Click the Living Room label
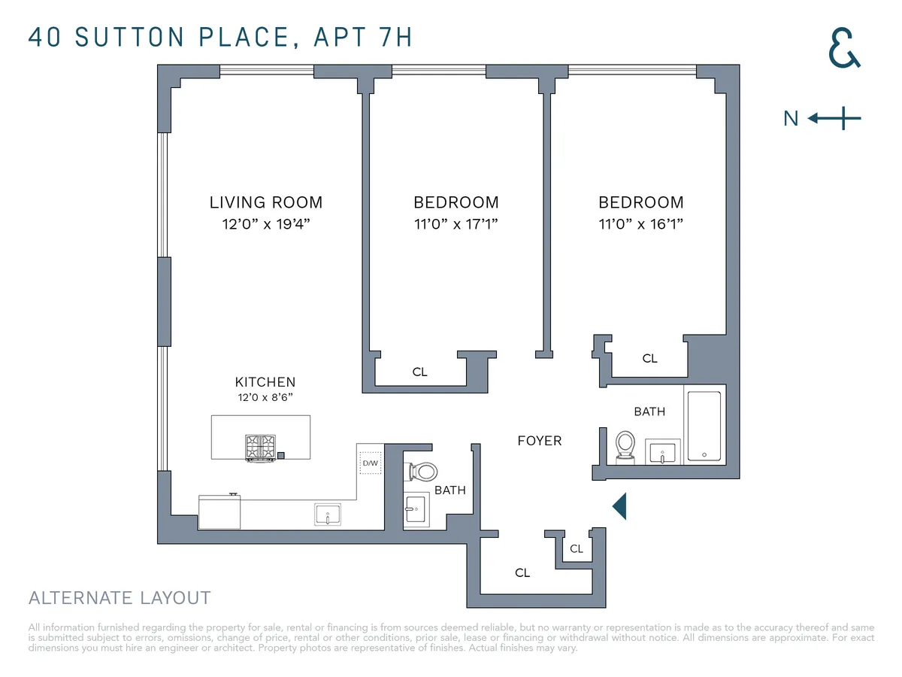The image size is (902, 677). pyautogui.click(x=265, y=202)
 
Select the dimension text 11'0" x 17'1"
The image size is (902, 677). pyautogui.click(x=456, y=224)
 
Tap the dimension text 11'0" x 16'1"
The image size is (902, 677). pyautogui.click(x=640, y=224)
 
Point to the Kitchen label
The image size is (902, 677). pyautogui.click(x=265, y=382)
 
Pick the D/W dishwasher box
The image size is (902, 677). pyautogui.click(x=371, y=463)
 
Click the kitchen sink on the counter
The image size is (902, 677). pyautogui.click(x=328, y=515)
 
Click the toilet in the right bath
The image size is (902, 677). pyautogui.click(x=625, y=445)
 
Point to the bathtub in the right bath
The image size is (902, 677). pyautogui.click(x=704, y=426)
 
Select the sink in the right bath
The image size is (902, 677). pyautogui.click(x=662, y=451)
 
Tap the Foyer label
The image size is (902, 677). pyautogui.click(x=539, y=441)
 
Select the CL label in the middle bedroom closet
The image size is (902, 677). pyautogui.click(x=419, y=372)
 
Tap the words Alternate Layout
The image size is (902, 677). pyautogui.click(x=120, y=599)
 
